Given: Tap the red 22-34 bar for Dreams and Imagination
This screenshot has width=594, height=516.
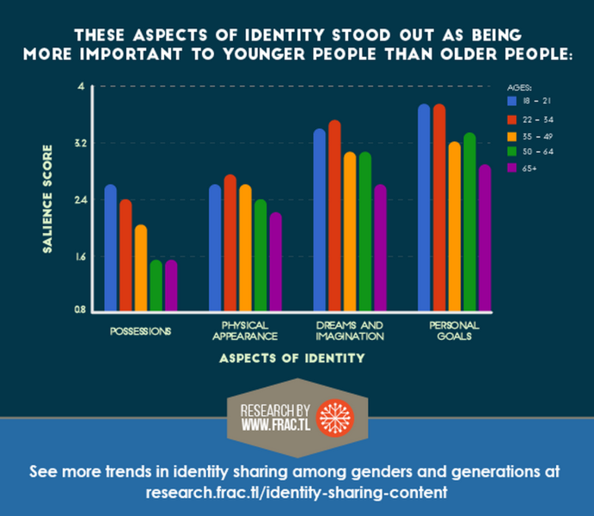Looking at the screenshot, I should tap(334, 216).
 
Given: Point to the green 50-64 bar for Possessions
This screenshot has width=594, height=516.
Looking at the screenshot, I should tap(156, 285).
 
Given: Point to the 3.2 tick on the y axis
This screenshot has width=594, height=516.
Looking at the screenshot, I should tap(79, 143).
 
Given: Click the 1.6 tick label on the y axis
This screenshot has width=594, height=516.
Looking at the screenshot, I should tap(79, 256).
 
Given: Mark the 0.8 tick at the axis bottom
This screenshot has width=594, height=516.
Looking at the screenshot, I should tap(79, 310).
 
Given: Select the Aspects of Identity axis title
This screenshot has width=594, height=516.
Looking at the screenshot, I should tap(291, 358).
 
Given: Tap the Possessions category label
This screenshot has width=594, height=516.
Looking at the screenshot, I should tap(140, 330).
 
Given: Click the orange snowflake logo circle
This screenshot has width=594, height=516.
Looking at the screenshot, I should tap(334, 415).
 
